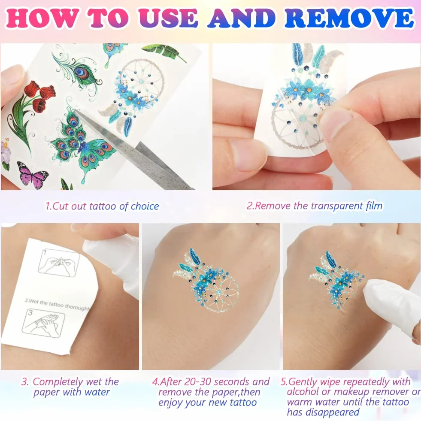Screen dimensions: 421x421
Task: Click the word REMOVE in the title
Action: [x=349, y=18]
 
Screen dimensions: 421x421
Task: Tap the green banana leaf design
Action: [x=164, y=52]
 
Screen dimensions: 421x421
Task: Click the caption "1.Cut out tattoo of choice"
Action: [x=102, y=206]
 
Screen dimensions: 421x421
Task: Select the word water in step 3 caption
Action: [x=97, y=392]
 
